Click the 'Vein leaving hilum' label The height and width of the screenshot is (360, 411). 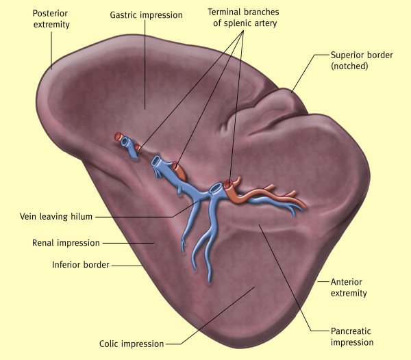(x=55, y=217)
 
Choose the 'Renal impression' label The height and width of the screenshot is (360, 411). (x=66, y=242)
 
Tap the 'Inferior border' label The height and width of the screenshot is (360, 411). (x=81, y=264)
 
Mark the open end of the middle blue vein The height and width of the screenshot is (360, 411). (x=158, y=162)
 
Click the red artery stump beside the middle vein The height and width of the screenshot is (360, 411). (x=176, y=165)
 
